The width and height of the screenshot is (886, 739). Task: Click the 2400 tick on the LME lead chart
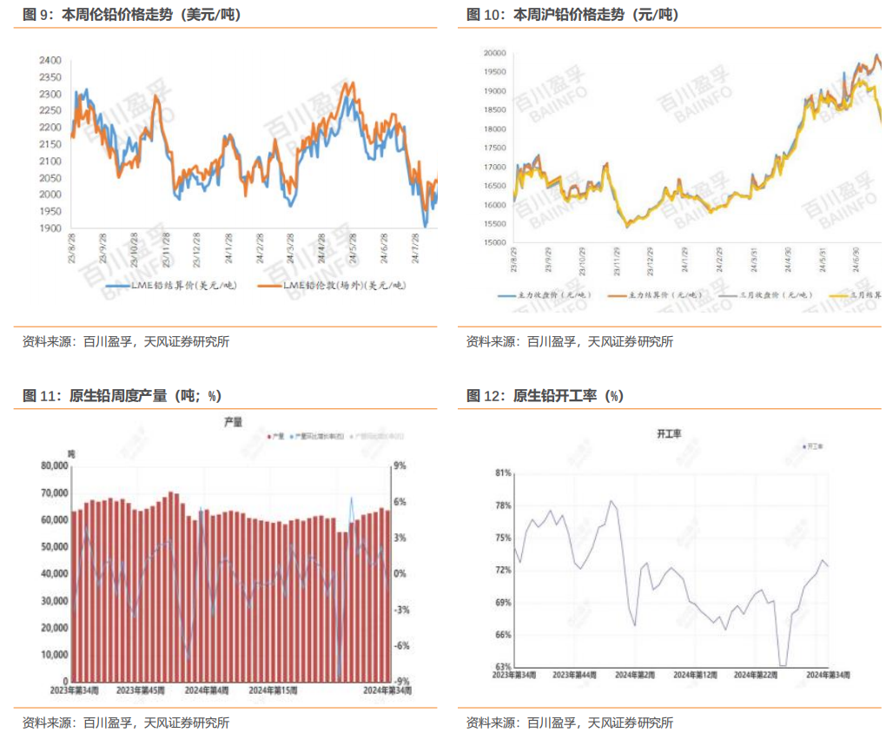click(x=50, y=60)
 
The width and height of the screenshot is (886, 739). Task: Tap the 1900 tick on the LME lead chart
click(x=50, y=228)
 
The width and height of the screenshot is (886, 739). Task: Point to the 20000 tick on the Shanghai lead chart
click(x=494, y=53)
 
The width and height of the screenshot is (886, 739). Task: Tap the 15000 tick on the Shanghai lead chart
click(x=494, y=243)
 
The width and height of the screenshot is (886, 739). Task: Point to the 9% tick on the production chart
click(x=400, y=465)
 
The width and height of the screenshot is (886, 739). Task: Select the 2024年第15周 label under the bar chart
click(x=273, y=690)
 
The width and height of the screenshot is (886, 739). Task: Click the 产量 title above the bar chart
click(x=233, y=421)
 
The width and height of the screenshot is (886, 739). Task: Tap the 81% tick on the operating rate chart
click(x=503, y=473)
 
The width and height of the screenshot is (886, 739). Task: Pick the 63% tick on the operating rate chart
click(x=503, y=667)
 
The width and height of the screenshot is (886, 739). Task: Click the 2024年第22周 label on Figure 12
click(x=755, y=674)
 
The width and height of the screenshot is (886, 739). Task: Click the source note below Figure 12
click(x=569, y=722)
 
